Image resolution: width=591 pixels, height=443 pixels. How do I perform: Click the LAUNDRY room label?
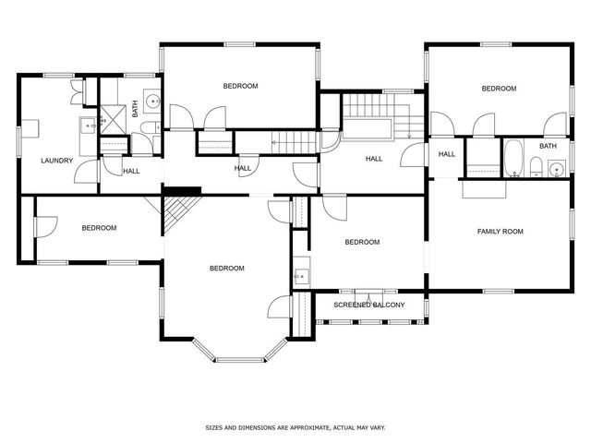pyautogui.click(x=57, y=161)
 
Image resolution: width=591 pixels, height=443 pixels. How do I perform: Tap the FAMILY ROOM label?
pyautogui.click(x=501, y=232)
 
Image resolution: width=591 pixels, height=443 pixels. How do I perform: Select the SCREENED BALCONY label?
pyautogui.click(x=369, y=305)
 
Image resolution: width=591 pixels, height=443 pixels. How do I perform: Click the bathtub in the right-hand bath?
pyautogui.click(x=513, y=158)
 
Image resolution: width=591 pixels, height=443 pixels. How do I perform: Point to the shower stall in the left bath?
pyautogui.click(x=113, y=119)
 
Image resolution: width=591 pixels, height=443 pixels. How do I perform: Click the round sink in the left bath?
pyautogui.click(x=153, y=101)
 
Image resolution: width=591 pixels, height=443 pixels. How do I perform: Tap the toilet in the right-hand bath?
pyautogui.click(x=536, y=167)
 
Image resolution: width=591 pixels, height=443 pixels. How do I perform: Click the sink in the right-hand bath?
pyautogui.click(x=557, y=169)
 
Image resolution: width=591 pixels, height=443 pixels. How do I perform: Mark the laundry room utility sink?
pyautogui.click(x=89, y=126)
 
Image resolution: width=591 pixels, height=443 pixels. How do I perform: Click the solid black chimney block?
pyautogui.click(x=182, y=191)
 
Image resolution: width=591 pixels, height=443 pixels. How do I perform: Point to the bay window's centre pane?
pyautogui.click(x=241, y=360)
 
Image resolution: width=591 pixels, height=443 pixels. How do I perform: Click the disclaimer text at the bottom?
pyautogui.click(x=295, y=427)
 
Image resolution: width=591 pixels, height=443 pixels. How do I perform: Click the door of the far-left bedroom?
pyautogui.click(x=46, y=227)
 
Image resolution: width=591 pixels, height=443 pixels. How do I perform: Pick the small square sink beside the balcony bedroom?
pyautogui.click(x=302, y=276)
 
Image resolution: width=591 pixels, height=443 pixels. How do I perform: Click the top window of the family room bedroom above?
pyautogui.click(x=496, y=44)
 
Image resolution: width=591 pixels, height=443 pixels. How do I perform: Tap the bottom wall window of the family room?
pyautogui.click(x=499, y=291)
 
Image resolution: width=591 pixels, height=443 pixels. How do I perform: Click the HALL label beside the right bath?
pyautogui.click(x=447, y=154)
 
